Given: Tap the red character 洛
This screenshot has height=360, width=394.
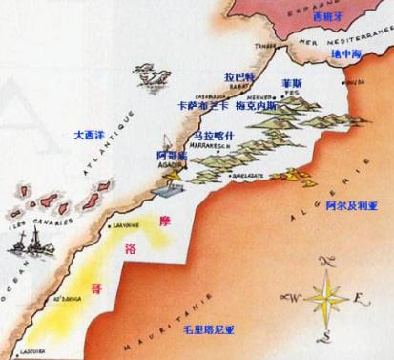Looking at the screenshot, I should (130, 250).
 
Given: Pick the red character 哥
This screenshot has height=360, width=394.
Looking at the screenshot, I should (93, 286).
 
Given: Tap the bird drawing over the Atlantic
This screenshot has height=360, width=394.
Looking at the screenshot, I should (149, 72).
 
